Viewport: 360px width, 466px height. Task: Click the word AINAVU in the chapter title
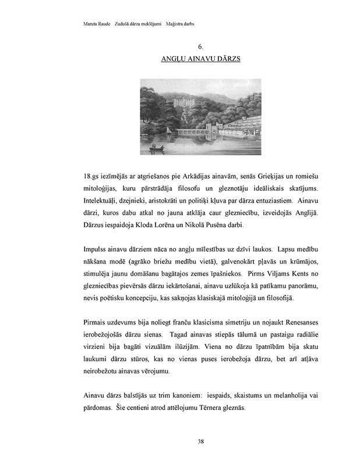[x=200, y=59]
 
